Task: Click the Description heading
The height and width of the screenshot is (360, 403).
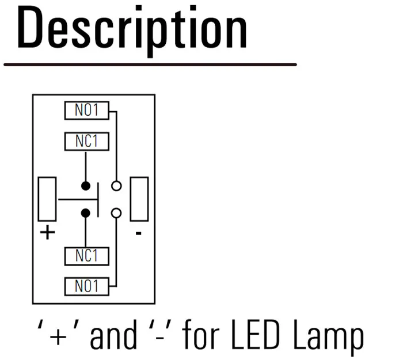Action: [132, 31]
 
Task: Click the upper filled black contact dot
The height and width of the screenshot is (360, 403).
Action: [86, 185]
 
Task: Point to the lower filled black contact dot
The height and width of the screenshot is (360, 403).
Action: [86, 213]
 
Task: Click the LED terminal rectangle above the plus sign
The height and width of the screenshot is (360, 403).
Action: [39, 199]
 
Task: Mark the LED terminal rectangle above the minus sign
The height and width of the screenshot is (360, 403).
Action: [131, 199]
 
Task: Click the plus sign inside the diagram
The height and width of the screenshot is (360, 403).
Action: [48, 233]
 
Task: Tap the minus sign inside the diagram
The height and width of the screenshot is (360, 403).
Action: [139, 233]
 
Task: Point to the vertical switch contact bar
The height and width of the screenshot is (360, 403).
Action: [98, 200]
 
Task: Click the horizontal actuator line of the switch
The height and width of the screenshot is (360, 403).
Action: [78, 199]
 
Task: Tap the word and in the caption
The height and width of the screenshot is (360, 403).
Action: [113, 334]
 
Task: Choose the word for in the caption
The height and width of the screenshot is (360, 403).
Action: [201, 334]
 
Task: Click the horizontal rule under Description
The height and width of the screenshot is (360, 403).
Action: [150, 65]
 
